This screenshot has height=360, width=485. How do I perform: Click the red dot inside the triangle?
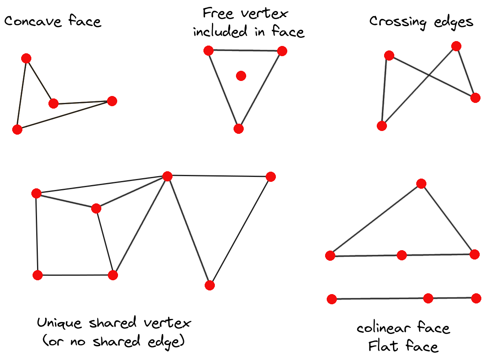coord(241,76)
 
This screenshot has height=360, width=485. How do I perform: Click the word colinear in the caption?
coord(381,328)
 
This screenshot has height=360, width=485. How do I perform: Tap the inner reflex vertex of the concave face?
coord(53,103)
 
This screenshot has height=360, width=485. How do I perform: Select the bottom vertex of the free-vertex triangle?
coord(239,129)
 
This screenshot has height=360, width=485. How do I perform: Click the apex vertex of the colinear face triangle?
coord(421,183)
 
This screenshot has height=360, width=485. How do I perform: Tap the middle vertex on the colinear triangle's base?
coord(402,255)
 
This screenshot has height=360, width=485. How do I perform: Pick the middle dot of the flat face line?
coord(428,299)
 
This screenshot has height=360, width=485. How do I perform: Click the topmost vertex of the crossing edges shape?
coord(456,46)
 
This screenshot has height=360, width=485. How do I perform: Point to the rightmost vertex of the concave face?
coord(112,101)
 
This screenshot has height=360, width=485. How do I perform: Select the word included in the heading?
coord(220,32)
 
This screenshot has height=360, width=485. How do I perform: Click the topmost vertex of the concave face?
coord(26,59)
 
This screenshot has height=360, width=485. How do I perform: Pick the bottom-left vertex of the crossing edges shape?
coord(382,126)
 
